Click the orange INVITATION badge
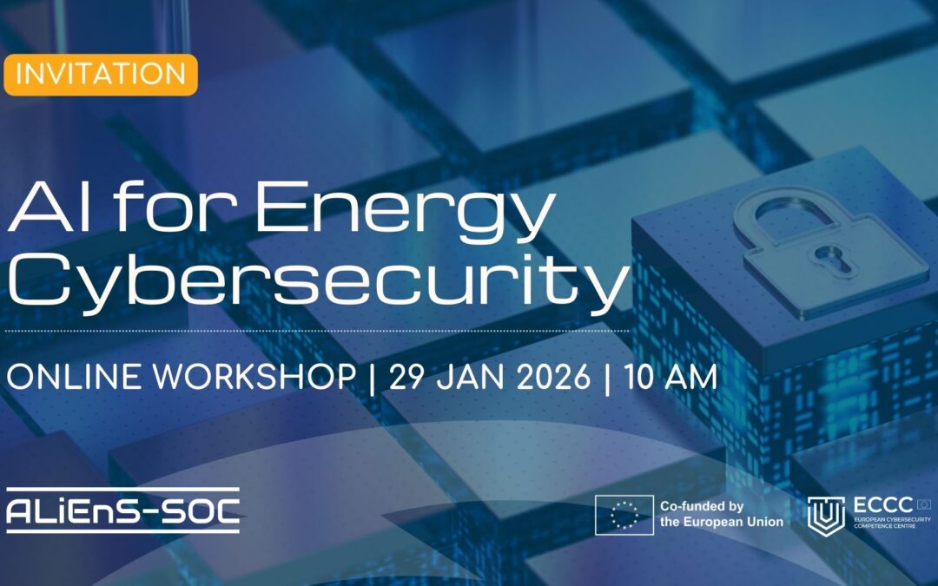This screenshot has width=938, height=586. click(101, 74)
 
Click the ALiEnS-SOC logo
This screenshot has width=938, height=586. click(122, 512)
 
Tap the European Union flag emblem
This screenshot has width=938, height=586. click(624, 514)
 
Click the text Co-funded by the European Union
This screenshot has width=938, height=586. click(721, 514)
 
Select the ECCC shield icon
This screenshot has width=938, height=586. click(825, 515)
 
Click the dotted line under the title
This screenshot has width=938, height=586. click(317, 331)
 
